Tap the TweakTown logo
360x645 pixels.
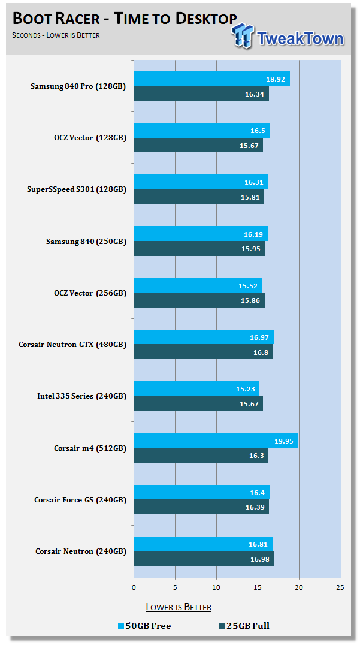click(x=288, y=36)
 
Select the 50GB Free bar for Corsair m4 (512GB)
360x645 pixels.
click(x=216, y=441)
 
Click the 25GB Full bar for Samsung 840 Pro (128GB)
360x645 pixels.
click(x=201, y=94)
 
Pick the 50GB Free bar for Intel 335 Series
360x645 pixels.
click(x=196, y=389)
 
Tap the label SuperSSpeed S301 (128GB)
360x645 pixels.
click(x=77, y=189)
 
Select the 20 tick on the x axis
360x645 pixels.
click(x=299, y=587)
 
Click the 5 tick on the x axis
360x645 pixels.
click(x=175, y=587)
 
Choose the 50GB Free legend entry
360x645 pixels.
click(x=144, y=626)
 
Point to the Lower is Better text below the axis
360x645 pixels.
click(x=179, y=607)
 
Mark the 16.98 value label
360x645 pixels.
click(x=259, y=559)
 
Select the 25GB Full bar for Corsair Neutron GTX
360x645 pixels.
click(x=202, y=352)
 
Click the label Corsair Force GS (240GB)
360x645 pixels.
click(x=80, y=499)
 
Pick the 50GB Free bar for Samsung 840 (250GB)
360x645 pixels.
click(x=200, y=234)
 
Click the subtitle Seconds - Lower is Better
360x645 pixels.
click(x=56, y=35)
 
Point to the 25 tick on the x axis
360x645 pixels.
click(x=340, y=587)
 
